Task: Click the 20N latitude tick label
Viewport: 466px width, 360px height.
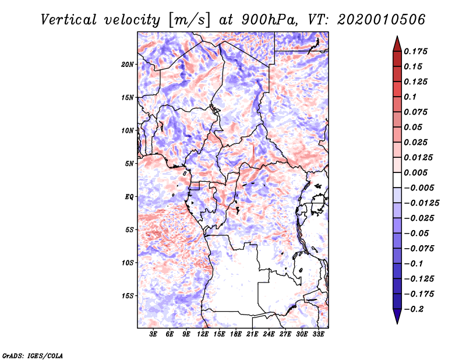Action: [x=127, y=65]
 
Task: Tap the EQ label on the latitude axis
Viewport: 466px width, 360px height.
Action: [x=129, y=197]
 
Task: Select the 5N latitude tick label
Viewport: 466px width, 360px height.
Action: [x=129, y=164]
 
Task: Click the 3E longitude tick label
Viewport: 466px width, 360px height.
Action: [x=153, y=334]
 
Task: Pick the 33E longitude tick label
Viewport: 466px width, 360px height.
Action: [x=318, y=334]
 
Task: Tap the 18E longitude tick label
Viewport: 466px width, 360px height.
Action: [x=236, y=334]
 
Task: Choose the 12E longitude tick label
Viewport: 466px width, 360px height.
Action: [x=203, y=334]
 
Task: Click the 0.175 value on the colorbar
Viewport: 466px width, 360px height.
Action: [x=415, y=51]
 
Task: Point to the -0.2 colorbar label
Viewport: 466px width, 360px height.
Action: [x=414, y=309]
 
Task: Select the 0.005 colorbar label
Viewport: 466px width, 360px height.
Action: [x=415, y=172]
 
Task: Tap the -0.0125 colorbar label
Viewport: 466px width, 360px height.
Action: [x=421, y=203]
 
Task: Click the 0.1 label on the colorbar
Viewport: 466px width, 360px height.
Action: [x=410, y=97]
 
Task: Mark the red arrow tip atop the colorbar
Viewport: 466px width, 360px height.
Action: [x=397, y=36]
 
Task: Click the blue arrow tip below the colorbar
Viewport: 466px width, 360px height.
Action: [x=397, y=323]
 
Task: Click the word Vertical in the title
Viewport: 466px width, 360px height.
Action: [x=69, y=20]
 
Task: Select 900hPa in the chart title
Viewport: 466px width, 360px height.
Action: [x=269, y=20]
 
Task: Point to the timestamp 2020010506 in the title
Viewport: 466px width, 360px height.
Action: [x=382, y=20]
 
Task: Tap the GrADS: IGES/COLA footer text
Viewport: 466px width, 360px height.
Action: [x=33, y=355]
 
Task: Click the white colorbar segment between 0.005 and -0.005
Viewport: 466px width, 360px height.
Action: [x=397, y=180]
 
